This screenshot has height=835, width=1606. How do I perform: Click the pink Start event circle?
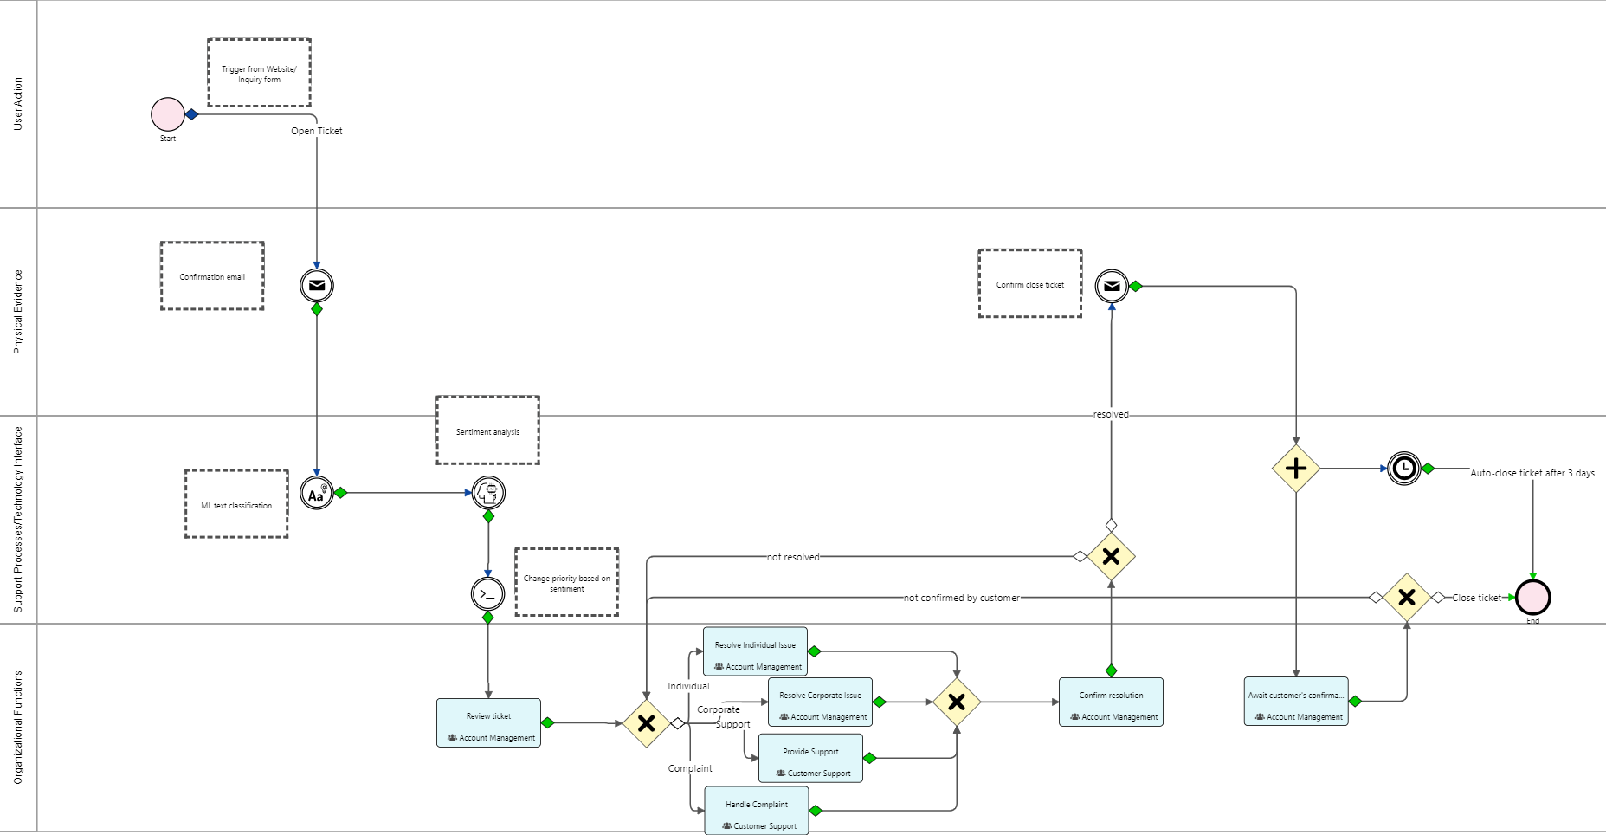coord(168,114)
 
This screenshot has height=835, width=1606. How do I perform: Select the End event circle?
coord(1532,598)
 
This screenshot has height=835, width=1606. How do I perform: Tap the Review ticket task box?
coord(488,722)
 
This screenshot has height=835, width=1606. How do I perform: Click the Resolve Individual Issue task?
coord(755,651)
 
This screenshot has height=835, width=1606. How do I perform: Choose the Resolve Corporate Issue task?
coord(820,702)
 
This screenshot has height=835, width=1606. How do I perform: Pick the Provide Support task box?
coord(810,758)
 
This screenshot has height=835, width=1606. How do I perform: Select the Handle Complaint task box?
coord(757,810)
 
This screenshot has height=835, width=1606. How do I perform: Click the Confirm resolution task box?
coord(1111,702)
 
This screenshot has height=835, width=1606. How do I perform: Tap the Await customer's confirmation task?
coord(1296,701)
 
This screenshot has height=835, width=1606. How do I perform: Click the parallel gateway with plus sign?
coord(1295,469)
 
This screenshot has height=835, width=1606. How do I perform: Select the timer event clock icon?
coord(1403,469)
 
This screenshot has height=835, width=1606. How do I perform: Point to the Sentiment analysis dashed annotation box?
coord(487,430)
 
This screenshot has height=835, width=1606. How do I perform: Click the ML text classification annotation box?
coord(236,504)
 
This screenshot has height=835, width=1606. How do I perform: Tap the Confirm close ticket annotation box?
coord(1029,283)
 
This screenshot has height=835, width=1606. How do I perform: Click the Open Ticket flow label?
coord(317,131)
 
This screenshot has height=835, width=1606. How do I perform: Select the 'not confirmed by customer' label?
coord(961,598)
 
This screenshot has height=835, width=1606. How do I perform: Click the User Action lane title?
coord(18,104)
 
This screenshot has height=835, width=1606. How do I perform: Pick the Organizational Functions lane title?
coord(18,728)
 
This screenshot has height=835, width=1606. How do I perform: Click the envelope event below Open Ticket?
coord(317,285)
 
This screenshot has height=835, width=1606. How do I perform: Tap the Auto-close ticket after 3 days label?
coord(1532,473)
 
